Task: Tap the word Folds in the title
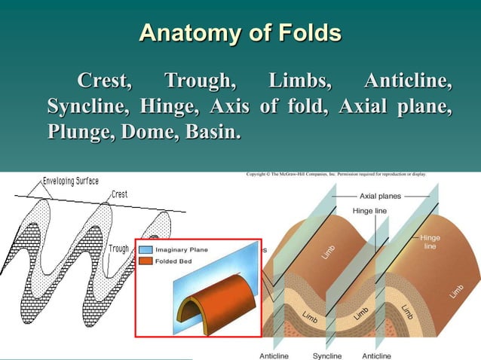tap(304, 34)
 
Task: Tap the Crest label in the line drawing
tap(121, 194)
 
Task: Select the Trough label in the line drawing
tap(118, 249)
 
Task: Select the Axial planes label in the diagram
tap(378, 195)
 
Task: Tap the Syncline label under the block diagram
tap(327, 355)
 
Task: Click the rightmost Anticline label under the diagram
tap(376, 355)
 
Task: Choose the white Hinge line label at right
tap(430, 241)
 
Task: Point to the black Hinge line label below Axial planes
tap(369, 211)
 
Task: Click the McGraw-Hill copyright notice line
tap(337, 174)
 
